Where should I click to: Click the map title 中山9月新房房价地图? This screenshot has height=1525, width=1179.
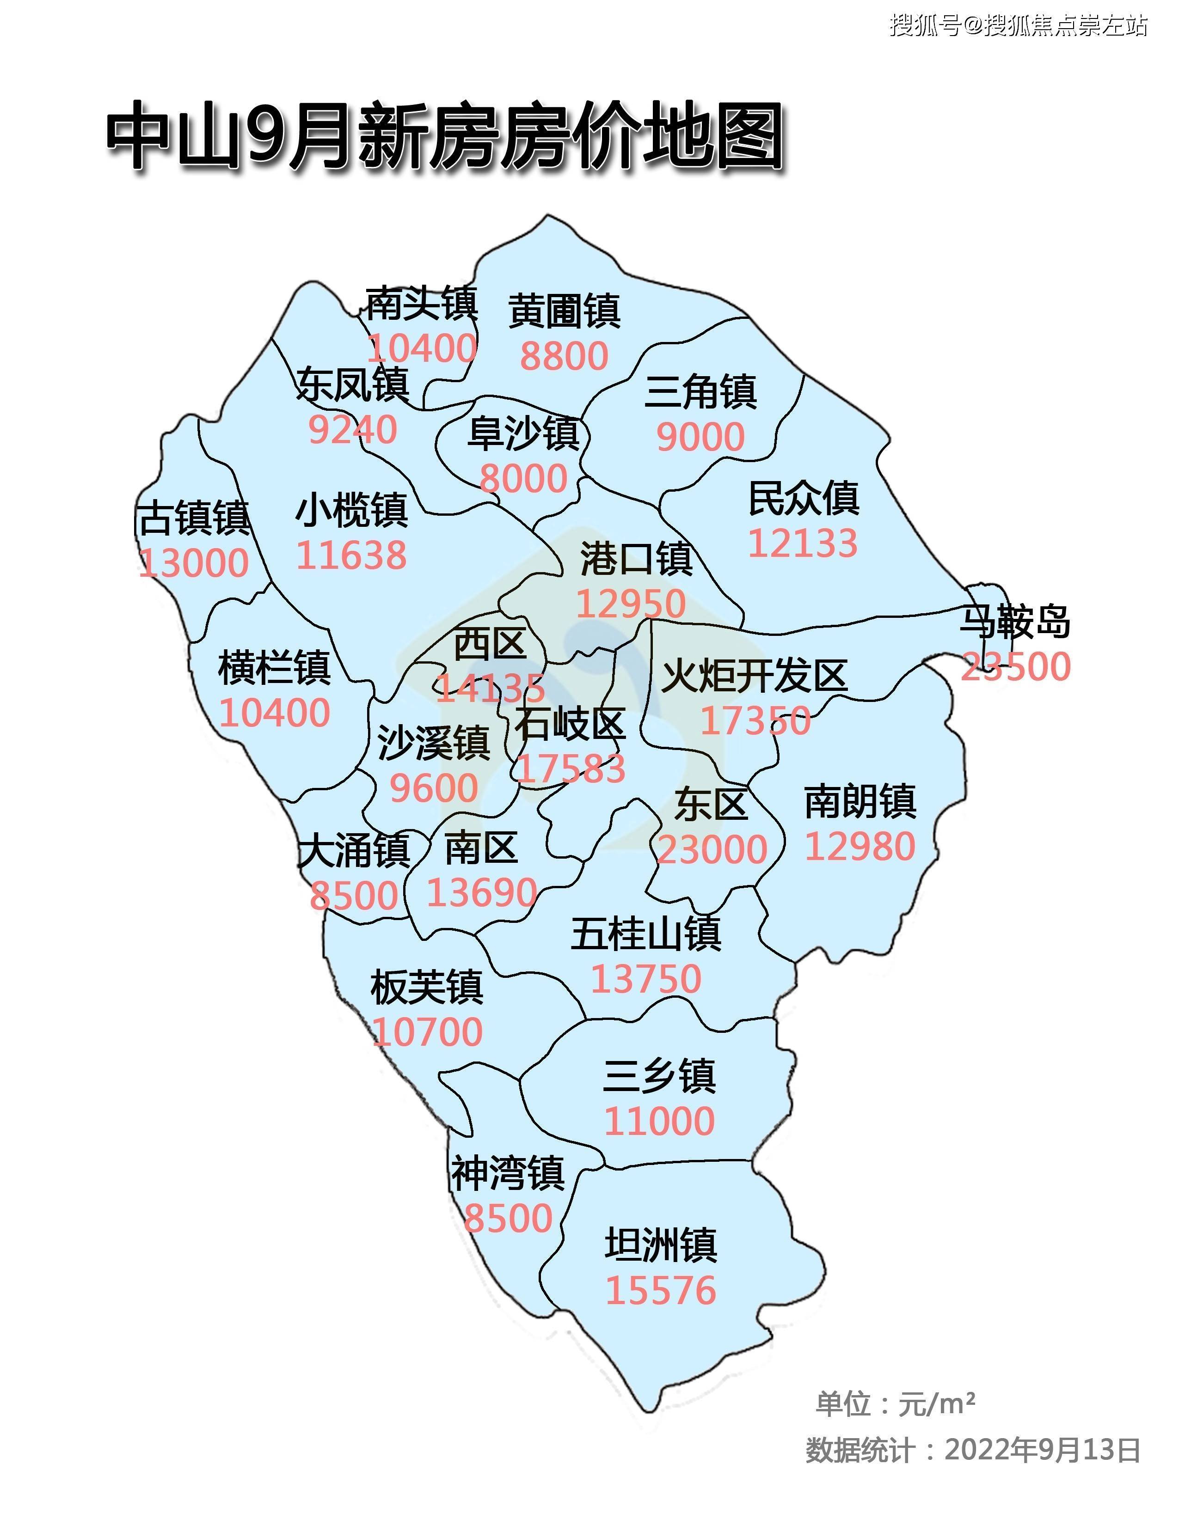coord(444,136)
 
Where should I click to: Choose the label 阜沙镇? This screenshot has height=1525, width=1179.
coord(523,433)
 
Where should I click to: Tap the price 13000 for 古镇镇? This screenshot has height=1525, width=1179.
coord(193,563)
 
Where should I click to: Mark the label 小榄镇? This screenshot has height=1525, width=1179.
coord(351,511)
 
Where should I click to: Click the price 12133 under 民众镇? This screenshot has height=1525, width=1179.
coord(803,543)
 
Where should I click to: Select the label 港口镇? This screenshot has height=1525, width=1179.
coord(636,559)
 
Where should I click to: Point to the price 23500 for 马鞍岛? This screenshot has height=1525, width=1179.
coord(1016,666)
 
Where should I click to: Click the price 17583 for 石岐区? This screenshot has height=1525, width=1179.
coord(569,769)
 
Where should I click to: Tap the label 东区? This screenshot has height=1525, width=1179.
coord(711,805)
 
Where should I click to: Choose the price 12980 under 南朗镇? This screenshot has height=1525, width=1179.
coord(860,846)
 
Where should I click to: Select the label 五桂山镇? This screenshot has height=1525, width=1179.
coord(646,933)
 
